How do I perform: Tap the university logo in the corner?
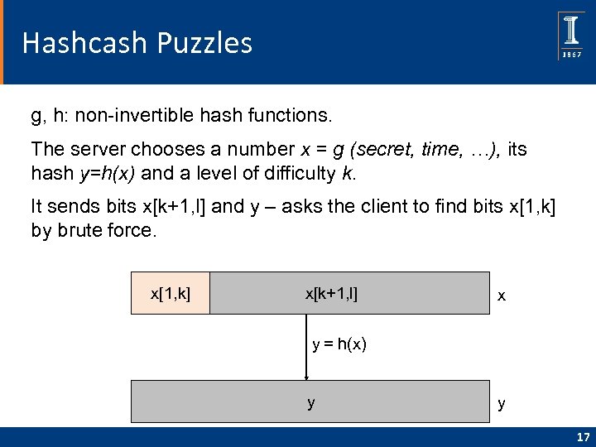pyautogui.click(x=571, y=35)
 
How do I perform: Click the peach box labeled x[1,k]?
pyautogui.click(x=170, y=293)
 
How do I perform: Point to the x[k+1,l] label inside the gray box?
pyautogui.click(x=331, y=293)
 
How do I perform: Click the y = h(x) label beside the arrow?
pyautogui.click(x=339, y=344)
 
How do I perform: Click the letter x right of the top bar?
pyautogui.click(x=502, y=296)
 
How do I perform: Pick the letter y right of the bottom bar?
pyautogui.click(x=502, y=404)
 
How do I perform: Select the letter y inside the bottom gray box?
pyautogui.click(x=311, y=402)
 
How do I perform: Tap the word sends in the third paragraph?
pyautogui.click(x=62, y=206)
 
